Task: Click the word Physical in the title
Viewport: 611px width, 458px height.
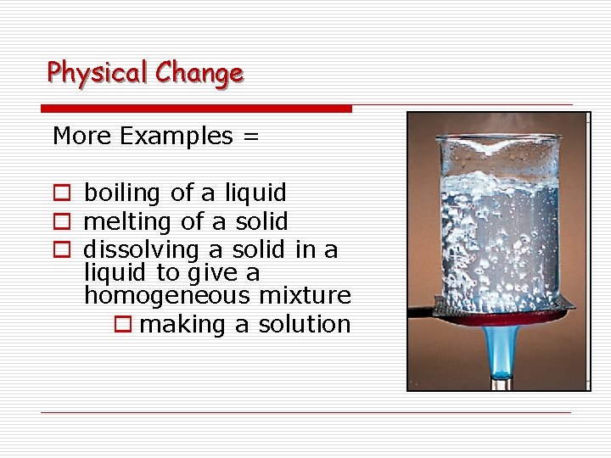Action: coord(98,73)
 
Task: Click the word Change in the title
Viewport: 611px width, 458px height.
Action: coord(199,74)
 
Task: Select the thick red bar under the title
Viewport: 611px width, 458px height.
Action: coord(196,109)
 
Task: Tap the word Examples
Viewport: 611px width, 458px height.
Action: coord(177,136)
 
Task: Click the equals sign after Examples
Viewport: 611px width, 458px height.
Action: coord(249,137)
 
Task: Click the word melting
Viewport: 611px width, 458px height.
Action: coord(129,222)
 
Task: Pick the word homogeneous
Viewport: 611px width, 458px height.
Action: coord(167,296)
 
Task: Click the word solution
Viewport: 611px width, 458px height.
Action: coord(305,324)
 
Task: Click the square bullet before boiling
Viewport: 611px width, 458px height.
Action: coord(60,194)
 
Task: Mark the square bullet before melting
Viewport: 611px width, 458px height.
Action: coord(60,222)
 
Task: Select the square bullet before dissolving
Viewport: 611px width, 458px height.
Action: coord(60,250)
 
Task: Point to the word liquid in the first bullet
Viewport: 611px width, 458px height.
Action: coord(255,194)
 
